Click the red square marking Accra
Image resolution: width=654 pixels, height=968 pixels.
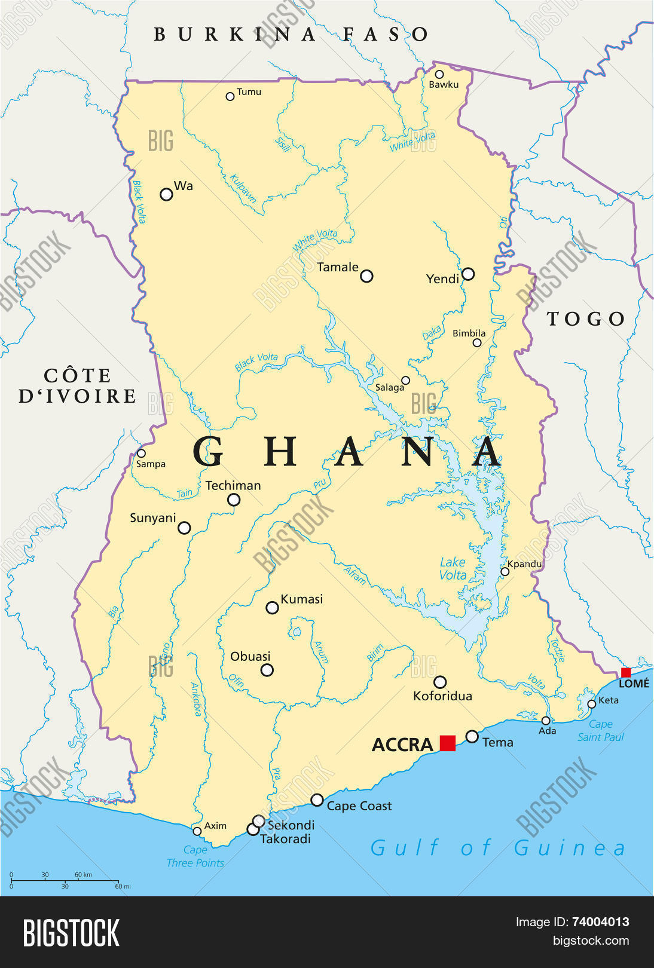coord(447,743)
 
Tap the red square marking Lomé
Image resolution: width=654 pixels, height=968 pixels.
coord(626,672)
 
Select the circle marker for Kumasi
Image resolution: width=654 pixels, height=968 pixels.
coord(272,608)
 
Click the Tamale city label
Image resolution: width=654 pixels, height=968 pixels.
coord(338,267)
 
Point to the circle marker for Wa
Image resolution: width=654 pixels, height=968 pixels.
coord(166,194)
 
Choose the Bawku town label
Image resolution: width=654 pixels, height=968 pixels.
coord(444,85)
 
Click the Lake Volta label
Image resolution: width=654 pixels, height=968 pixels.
coord(453,568)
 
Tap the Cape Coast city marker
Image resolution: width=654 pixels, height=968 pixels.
coord(317,799)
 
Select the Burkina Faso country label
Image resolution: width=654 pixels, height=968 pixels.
coord(291,34)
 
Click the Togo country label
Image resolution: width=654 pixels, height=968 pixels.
coord(586,319)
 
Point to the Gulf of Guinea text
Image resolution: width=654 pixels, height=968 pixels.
coord(498,847)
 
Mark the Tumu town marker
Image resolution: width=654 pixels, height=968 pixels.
coord(230,96)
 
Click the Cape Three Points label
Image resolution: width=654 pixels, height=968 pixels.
coord(195,856)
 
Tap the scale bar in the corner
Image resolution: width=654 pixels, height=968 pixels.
coord(65,880)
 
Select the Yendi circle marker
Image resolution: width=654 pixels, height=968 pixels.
coord(468,274)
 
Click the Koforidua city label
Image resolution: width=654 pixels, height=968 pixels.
coord(442,696)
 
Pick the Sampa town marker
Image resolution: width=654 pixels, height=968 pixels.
coord(141,453)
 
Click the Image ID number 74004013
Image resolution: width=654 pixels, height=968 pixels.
coord(600,922)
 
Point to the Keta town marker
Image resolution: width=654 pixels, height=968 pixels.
coord(591,704)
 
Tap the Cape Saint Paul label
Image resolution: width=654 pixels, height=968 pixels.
coord(600,731)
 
